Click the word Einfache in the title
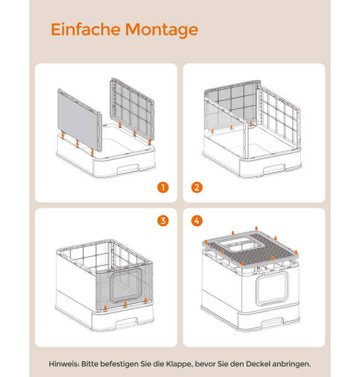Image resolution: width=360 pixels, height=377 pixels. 85,29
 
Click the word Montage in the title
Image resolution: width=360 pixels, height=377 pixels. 162,30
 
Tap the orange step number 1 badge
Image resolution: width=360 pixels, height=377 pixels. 163,187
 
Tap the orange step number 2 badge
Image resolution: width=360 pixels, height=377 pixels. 197,187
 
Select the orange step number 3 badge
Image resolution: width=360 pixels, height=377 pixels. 163,221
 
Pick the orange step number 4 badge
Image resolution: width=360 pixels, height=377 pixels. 197,221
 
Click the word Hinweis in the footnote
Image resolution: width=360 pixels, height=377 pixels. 64,364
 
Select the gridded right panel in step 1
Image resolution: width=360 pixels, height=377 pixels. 132,110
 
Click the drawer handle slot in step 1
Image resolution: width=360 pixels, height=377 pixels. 128,169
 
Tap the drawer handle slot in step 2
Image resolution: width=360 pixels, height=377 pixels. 274,169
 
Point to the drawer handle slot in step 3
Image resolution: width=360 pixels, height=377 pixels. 127,322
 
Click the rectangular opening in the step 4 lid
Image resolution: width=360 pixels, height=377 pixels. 236,244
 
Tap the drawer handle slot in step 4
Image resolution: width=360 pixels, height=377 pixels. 272,322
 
